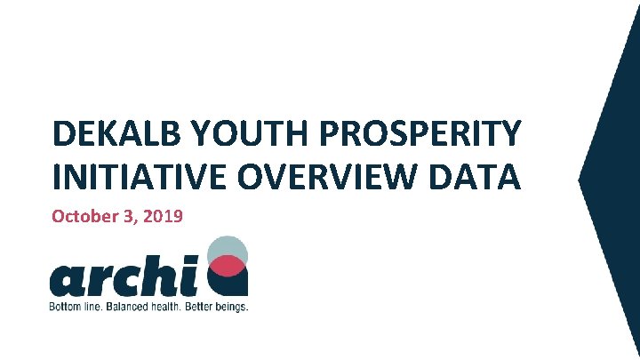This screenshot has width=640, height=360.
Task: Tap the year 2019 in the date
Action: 163,216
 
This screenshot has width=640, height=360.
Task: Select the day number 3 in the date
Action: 129,216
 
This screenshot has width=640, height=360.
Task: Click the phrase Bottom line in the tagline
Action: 76,307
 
